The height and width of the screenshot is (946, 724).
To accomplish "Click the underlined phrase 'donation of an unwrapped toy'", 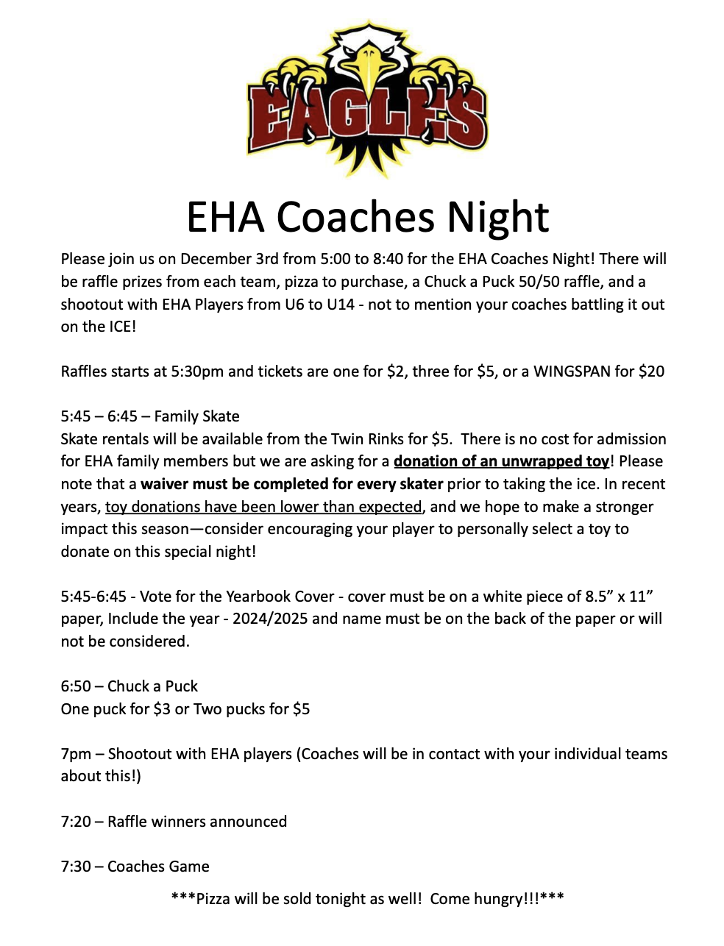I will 502,461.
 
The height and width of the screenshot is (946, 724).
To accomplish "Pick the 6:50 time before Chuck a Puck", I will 76,686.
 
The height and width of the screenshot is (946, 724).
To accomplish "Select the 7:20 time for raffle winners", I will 76,822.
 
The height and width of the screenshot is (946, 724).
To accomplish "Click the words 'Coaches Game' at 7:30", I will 158,867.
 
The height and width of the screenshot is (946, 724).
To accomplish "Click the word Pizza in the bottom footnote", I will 213,899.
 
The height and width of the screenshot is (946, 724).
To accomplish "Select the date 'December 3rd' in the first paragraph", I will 226,259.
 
